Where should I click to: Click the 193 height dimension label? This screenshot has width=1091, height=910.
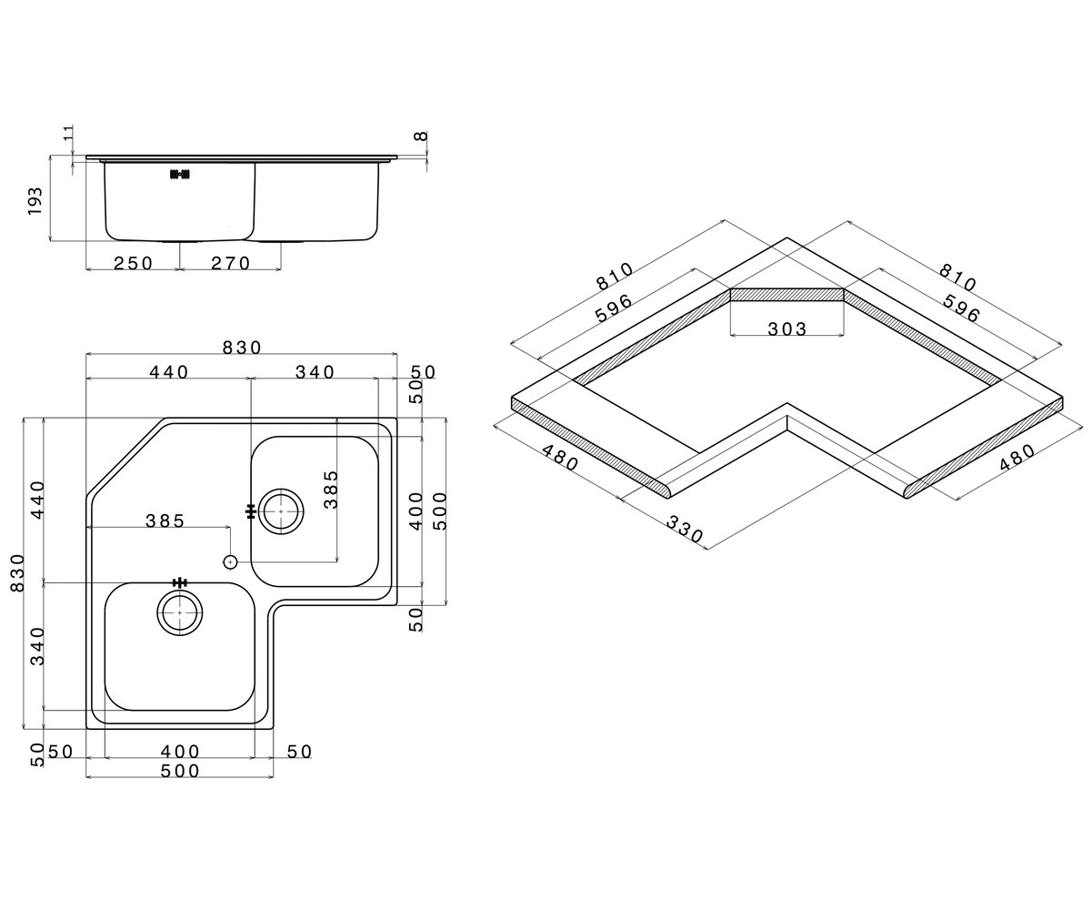pos(35,201)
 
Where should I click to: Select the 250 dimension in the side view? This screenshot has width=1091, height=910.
pos(134,263)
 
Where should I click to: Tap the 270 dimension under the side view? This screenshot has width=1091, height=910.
pos(230,263)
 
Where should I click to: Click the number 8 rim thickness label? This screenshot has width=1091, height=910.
pos(421,136)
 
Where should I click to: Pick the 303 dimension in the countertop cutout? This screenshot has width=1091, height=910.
pos(787,329)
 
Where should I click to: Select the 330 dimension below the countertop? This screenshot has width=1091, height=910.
pos(685,529)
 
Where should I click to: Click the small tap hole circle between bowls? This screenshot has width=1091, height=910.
pos(230,562)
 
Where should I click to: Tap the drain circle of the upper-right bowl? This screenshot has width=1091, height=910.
pos(281,511)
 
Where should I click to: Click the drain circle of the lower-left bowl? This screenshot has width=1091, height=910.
pos(180,612)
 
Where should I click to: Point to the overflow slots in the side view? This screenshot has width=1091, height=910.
pos(180,175)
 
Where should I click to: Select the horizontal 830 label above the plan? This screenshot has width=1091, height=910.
pos(242,348)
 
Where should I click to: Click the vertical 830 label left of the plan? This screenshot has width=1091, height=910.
pos(18,573)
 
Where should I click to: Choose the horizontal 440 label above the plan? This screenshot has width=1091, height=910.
pos(169,372)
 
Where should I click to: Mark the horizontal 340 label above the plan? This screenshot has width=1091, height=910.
pos(315,372)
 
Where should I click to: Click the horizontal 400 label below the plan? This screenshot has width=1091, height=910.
pos(180,752)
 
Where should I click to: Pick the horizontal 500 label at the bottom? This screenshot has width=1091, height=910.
pos(180,771)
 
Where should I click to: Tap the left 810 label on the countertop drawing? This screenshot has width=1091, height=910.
pos(615,276)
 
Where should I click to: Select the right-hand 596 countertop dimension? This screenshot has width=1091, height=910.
pos(961,308)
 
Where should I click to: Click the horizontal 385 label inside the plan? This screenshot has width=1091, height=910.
pos(165,521)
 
